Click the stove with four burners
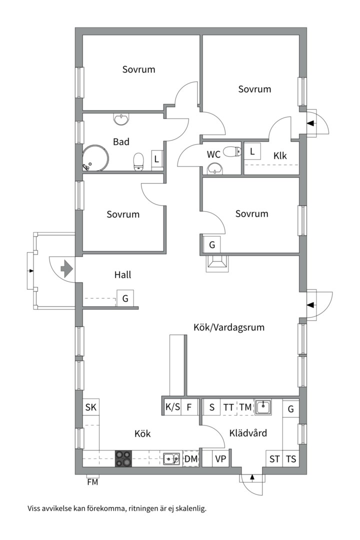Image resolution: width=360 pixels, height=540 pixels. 124,458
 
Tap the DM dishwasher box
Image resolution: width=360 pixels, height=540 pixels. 191,458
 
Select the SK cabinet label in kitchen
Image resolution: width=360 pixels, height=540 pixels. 90,407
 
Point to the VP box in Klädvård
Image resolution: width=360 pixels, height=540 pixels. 220,458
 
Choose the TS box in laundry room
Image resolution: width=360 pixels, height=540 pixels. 290,458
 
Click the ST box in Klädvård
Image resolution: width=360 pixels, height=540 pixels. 274,458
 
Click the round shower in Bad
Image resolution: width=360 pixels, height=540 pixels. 95,158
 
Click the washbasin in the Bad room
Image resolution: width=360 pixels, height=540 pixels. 121,119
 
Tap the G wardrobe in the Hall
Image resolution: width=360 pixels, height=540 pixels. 125,298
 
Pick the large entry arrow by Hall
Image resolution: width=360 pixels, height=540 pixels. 66,269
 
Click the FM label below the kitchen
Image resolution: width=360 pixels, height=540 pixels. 92,482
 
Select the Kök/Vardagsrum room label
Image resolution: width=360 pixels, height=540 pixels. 228,327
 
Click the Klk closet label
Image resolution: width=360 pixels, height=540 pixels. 280,156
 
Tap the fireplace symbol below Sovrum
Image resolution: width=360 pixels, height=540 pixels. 217,263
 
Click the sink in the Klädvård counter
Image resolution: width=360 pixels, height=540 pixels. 263,407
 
